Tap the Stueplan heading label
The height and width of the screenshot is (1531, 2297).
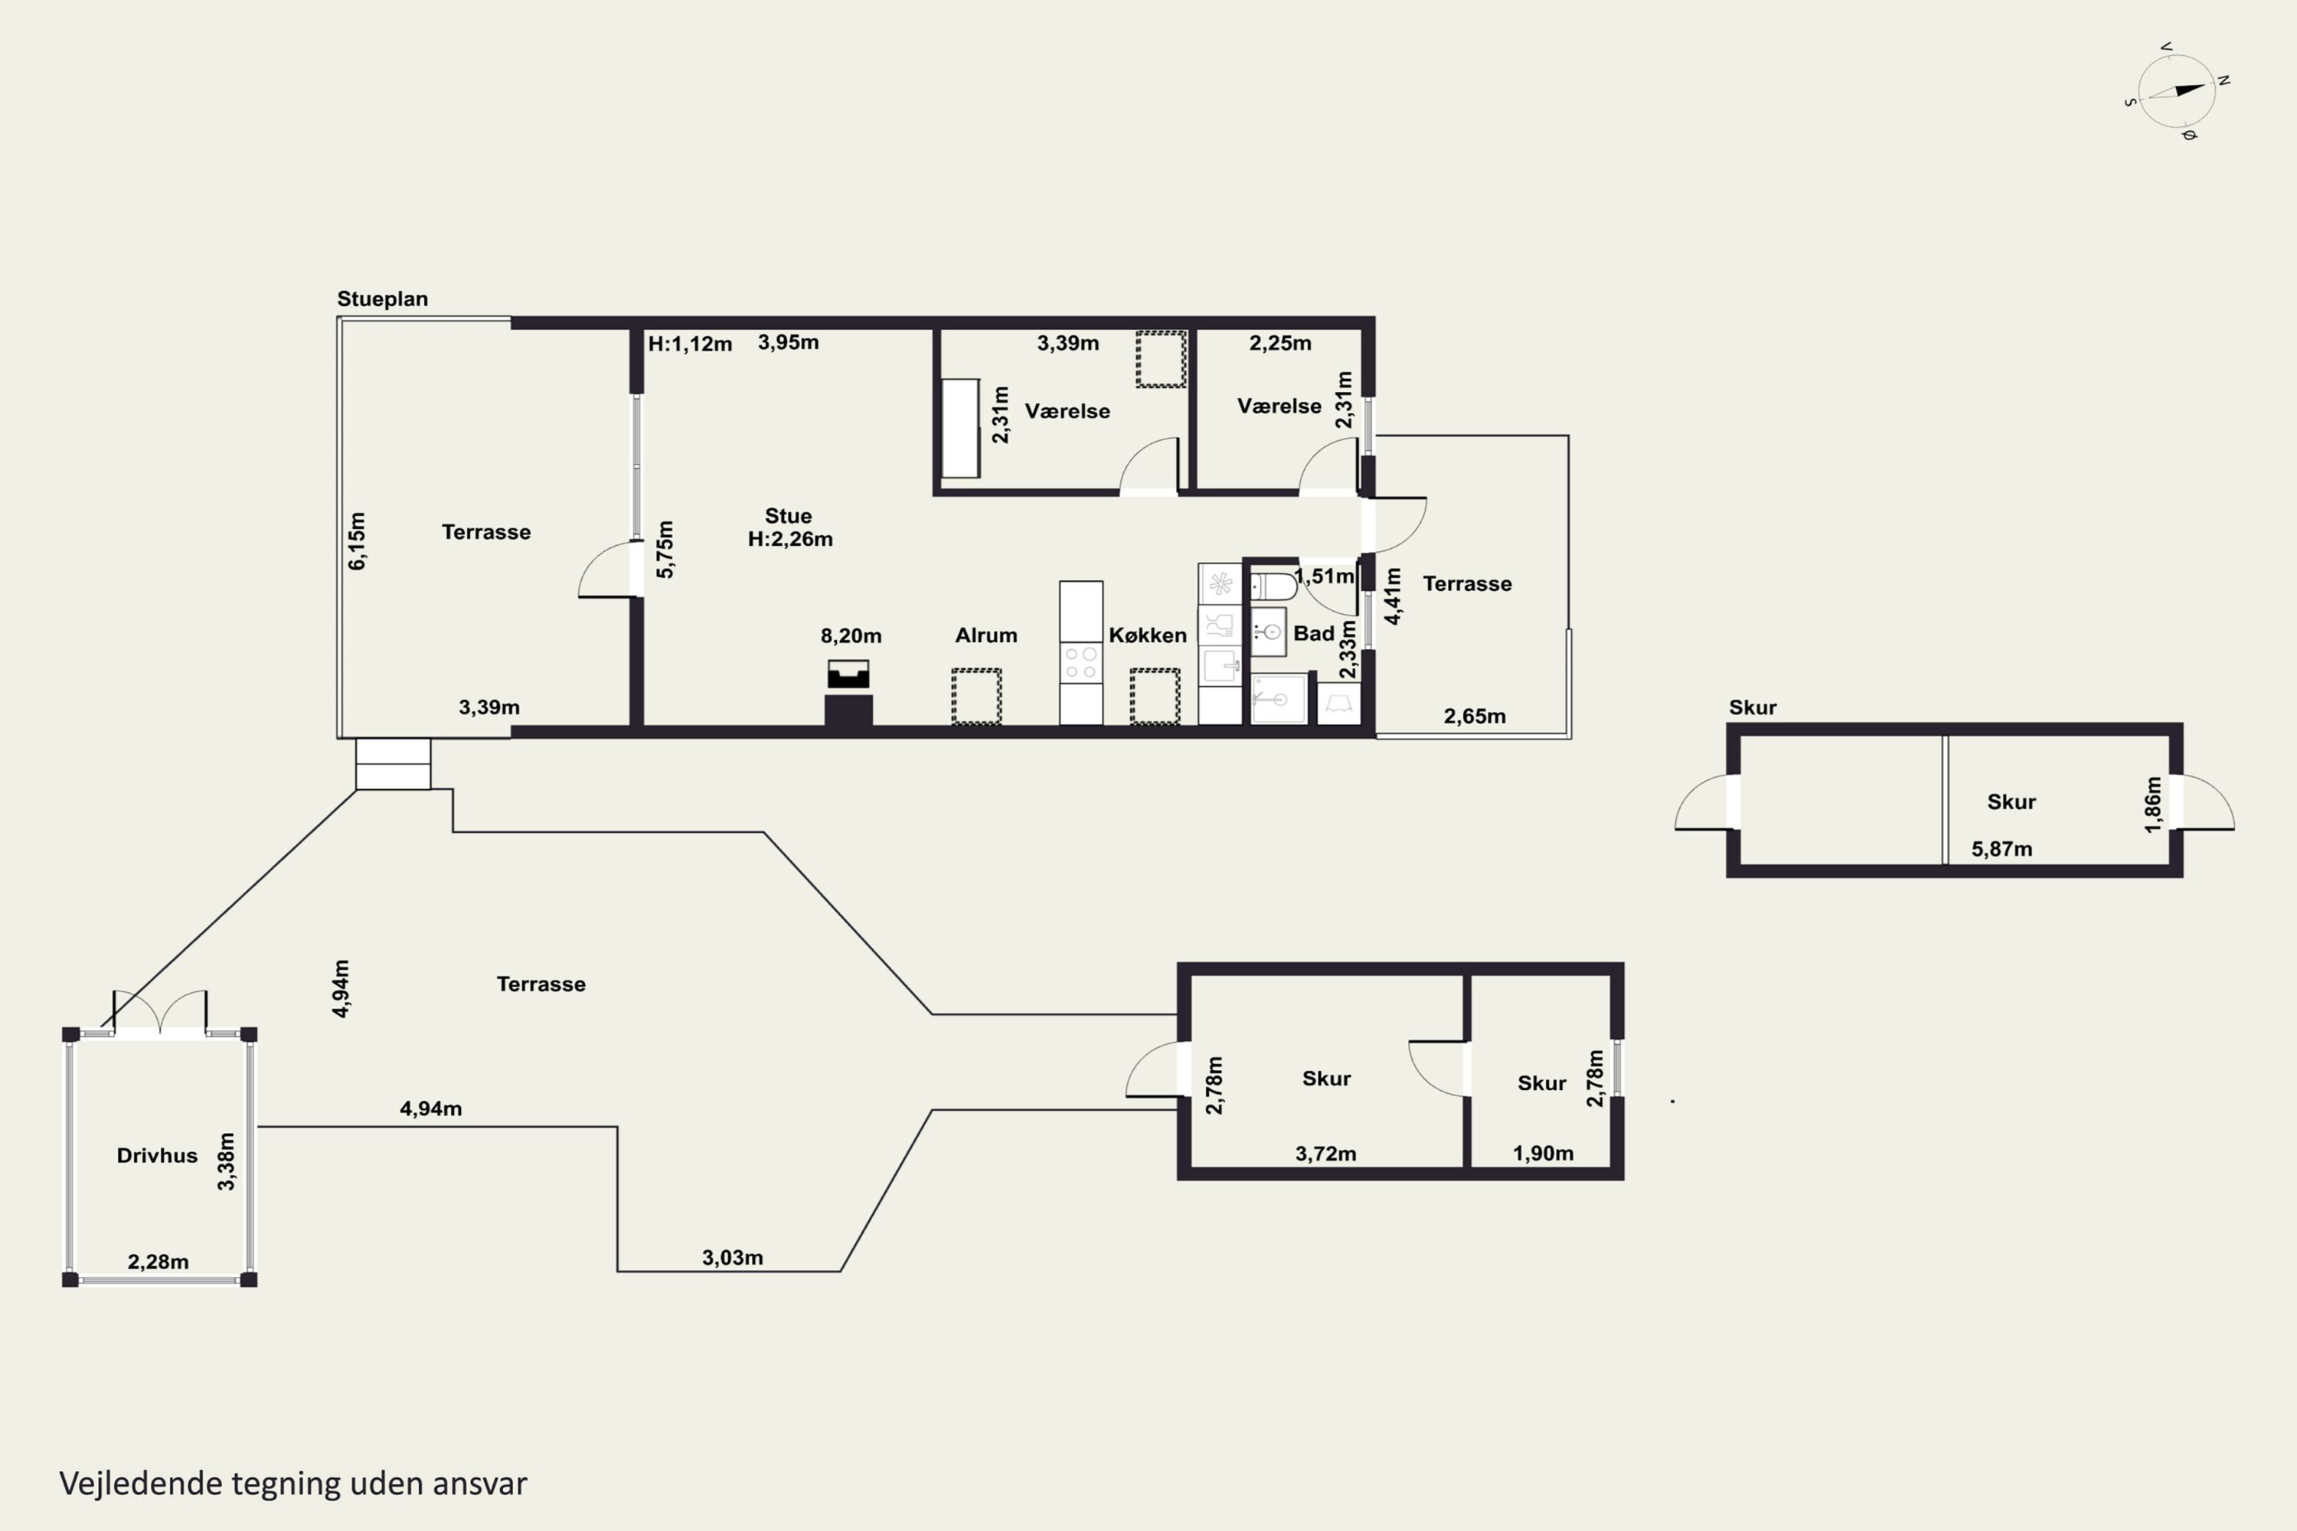tap(382, 299)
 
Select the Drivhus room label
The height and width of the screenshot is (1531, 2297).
tap(157, 1155)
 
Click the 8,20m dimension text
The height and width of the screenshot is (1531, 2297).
tap(851, 635)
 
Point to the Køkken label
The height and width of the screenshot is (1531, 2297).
tap(1148, 635)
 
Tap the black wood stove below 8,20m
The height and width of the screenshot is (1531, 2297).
tap(848, 694)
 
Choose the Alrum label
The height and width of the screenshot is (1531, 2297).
tap(985, 635)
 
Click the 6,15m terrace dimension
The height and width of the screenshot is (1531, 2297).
tap(358, 541)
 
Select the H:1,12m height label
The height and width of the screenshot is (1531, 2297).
tap(690, 344)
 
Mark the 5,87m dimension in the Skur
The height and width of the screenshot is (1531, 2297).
tap(2001, 848)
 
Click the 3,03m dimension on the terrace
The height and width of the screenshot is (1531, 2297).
tap(733, 1257)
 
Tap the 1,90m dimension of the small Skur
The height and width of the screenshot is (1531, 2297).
tap(1543, 1153)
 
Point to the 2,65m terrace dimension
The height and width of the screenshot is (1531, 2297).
tap(1475, 716)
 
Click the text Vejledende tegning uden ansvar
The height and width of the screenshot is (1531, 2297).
tap(293, 1484)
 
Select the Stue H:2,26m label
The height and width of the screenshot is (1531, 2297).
tap(789, 527)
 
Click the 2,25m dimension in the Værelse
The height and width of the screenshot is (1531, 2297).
tap(1279, 343)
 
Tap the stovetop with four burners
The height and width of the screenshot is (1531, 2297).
tap(1081, 663)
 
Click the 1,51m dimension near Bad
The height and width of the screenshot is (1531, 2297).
tap(1325, 576)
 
